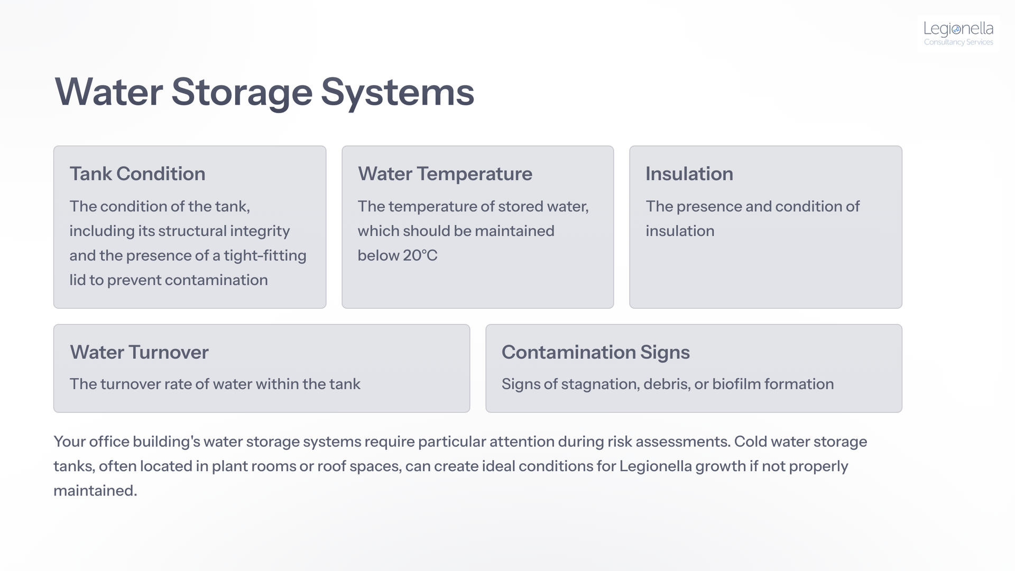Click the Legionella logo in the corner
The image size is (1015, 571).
(958, 33)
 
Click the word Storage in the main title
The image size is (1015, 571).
(242, 93)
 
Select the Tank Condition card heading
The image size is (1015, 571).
(137, 174)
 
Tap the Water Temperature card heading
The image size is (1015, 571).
(445, 174)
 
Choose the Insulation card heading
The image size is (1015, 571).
(689, 174)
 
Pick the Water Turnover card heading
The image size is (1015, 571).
(139, 352)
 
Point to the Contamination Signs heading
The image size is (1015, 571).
(596, 352)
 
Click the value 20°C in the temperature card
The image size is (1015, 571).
(420, 255)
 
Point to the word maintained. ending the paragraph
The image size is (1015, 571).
(95, 491)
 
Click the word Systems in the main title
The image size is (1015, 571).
(398, 93)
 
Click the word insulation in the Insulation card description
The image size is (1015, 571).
(680, 231)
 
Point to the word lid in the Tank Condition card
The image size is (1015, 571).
(77, 280)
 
